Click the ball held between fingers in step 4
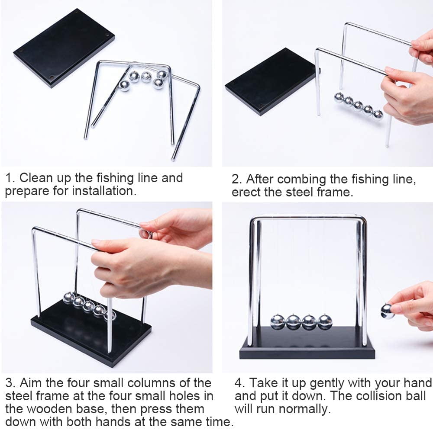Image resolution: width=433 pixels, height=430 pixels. pyautogui.click(x=387, y=311)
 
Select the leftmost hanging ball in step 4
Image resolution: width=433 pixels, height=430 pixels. pyautogui.click(x=278, y=322)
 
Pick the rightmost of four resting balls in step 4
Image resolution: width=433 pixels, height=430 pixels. pyautogui.click(x=325, y=322)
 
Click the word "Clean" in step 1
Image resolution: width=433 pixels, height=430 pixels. pyautogui.click(x=38, y=178)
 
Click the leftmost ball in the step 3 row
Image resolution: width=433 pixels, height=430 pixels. pyautogui.click(x=68, y=298)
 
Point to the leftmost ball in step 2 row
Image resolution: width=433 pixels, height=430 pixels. pyautogui.click(x=339, y=97)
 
